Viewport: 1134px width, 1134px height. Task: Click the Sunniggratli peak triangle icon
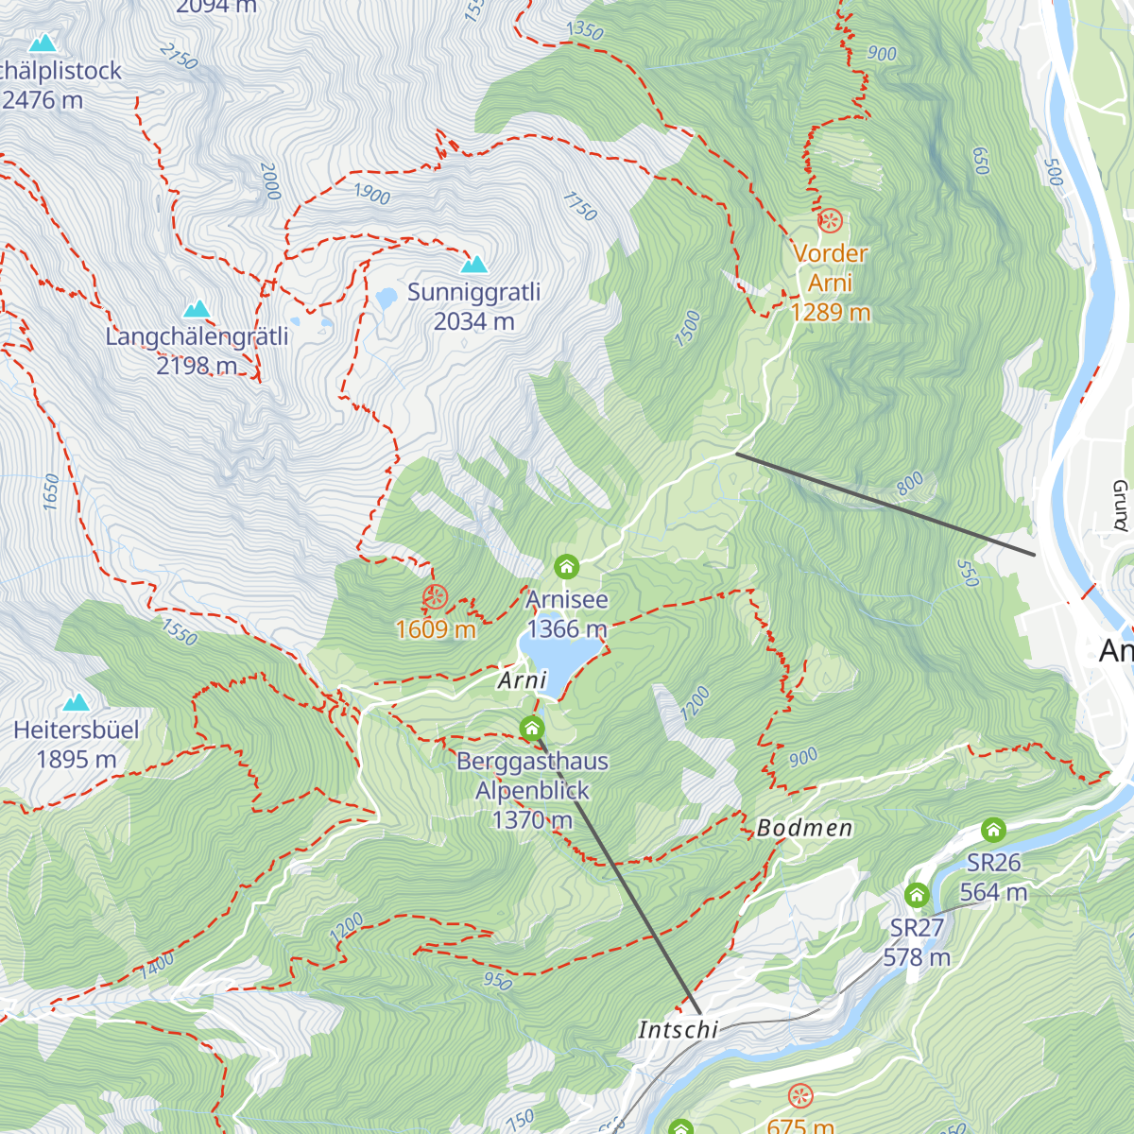[x=474, y=265]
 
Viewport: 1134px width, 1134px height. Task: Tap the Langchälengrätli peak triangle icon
[x=197, y=309]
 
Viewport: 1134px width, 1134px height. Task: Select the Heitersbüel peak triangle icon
[x=76, y=702]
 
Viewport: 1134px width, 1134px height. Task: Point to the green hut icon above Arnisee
[x=566, y=567]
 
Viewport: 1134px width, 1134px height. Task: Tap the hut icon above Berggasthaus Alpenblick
[x=532, y=728]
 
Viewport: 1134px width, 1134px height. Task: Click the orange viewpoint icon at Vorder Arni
[x=830, y=221]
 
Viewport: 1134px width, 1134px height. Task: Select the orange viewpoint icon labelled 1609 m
[x=435, y=596]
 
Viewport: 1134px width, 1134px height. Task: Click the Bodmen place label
[x=804, y=829]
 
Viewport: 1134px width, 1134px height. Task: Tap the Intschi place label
[x=678, y=1029]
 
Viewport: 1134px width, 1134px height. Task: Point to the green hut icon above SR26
[x=993, y=830]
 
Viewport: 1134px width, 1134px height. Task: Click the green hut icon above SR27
[x=916, y=895]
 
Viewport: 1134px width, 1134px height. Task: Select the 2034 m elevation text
[x=473, y=321]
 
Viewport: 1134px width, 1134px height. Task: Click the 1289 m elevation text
[x=830, y=312]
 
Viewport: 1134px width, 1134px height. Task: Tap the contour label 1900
[x=371, y=194]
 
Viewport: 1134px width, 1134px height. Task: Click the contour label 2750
[x=179, y=56]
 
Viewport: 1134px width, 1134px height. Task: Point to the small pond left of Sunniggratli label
[x=386, y=299]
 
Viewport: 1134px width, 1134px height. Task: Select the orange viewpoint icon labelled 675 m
[x=800, y=1096]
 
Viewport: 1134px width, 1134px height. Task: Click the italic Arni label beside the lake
[x=523, y=680]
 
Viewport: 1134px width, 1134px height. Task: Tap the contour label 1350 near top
[x=584, y=30]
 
